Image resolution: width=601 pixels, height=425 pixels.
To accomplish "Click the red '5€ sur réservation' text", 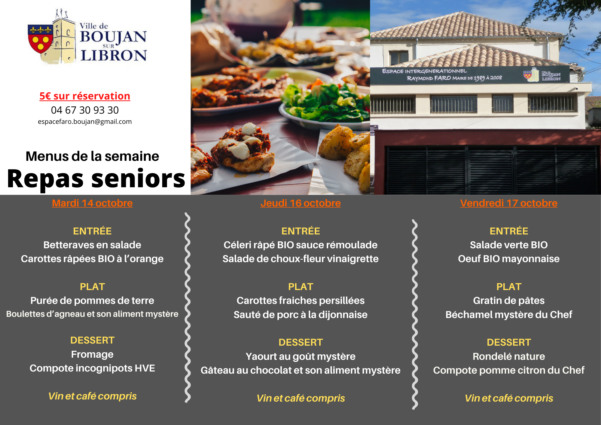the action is pos(85,96).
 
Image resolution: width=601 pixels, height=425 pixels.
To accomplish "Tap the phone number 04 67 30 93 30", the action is pos(85,110).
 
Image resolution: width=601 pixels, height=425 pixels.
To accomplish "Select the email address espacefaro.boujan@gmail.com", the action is pos(85,122).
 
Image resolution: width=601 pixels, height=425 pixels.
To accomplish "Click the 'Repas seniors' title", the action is pos(96,179).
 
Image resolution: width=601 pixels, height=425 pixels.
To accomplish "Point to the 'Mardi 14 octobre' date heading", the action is pos(92,203).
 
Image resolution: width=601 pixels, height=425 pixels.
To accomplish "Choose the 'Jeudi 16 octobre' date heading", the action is pos(300,203).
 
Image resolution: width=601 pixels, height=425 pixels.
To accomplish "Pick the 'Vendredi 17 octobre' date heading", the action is pos(509,203).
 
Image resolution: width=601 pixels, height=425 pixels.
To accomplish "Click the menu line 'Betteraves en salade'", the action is pos(92,245).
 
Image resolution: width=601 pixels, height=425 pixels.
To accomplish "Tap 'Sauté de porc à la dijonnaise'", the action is pos(300,315).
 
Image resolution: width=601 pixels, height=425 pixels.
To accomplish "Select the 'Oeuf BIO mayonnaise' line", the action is pos(509,259).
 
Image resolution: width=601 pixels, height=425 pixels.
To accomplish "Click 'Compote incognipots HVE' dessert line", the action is pos(92,368).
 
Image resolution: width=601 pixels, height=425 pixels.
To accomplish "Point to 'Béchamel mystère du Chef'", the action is pos(509,315).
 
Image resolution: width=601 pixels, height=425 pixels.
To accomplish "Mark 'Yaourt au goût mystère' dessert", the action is pos(300,356).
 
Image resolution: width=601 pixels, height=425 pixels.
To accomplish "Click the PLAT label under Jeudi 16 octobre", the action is pos(300,287).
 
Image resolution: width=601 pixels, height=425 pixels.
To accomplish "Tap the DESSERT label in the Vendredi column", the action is pos(509,342).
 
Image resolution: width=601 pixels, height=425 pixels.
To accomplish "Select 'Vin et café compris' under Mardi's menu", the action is pos(92,396).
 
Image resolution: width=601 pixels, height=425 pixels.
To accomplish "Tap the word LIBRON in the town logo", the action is pos(114,56).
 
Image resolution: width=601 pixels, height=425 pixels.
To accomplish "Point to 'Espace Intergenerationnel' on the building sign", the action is pos(424,71).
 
